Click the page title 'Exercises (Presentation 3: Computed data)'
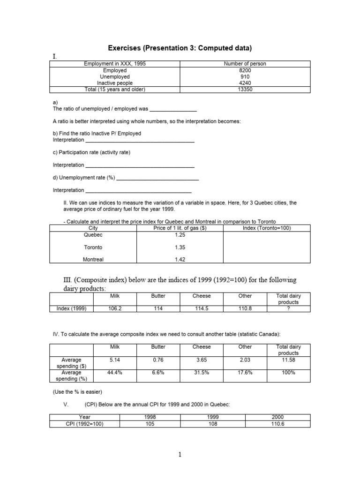180,48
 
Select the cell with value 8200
245,70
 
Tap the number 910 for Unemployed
245,76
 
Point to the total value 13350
245,89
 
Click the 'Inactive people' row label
115,83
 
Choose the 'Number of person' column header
245,64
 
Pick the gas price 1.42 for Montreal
180,259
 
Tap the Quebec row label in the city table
93,234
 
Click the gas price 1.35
180,247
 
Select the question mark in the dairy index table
288,308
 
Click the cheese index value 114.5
202,308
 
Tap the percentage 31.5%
202,373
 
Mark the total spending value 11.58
288,360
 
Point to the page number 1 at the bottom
180,454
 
